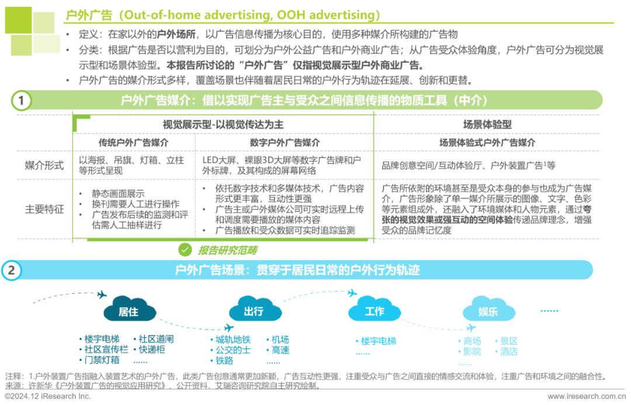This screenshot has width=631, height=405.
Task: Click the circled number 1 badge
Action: (x=21, y=101)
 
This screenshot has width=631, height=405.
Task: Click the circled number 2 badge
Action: (x=12, y=271)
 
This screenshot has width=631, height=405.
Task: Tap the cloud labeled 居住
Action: (x=129, y=311)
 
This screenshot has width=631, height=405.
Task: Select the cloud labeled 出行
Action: (x=254, y=311)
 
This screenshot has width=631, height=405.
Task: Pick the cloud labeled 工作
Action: (x=375, y=310)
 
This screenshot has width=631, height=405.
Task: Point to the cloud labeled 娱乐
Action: (x=488, y=311)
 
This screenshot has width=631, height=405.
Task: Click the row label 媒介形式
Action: (x=43, y=166)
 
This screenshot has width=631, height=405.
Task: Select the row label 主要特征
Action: (x=43, y=209)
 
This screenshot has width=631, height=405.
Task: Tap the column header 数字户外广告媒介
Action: (x=284, y=143)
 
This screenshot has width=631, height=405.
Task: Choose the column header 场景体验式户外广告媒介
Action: (x=487, y=143)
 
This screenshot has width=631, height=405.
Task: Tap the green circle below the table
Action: (x=185, y=250)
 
